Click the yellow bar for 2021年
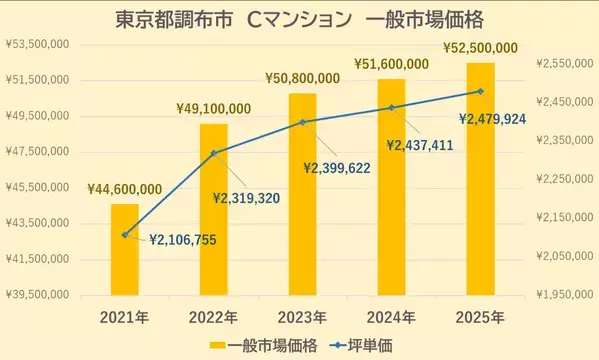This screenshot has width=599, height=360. click(124, 249)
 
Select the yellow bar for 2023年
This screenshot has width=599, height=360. click(302, 193)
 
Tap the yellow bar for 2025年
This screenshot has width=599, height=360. click(480, 178)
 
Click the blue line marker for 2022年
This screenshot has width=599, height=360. click(213, 153)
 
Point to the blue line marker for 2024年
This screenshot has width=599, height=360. click(391, 107)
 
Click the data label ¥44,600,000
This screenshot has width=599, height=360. click(124, 189)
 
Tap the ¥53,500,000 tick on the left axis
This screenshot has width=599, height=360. click(37, 44)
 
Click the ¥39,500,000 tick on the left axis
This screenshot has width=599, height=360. click(37, 295)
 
